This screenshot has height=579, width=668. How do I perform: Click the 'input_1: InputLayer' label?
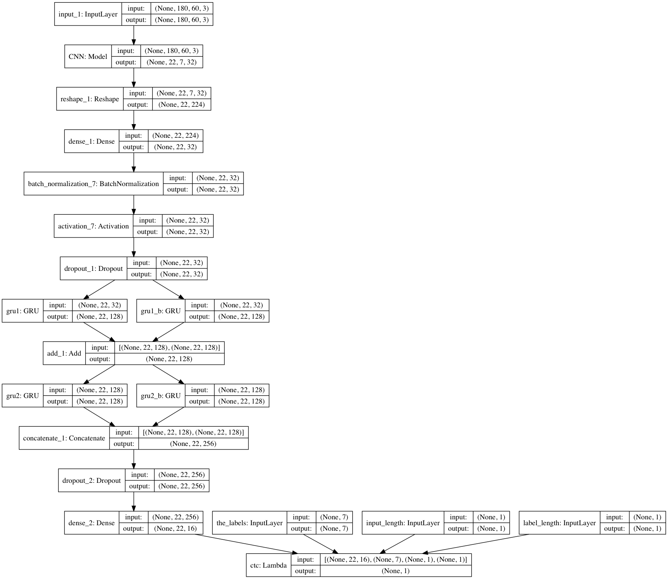pyautogui.click(x=88, y=15)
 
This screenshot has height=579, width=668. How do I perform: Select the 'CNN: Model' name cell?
pyautogui.click(x=88, y=57)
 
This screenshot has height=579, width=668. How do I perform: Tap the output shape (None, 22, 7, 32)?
pyautogui.click(x=172, y=62)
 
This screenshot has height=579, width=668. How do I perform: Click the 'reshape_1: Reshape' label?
pyautogui.click(x=90, y=99)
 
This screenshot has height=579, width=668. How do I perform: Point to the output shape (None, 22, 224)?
pyautogui.click(x=181, y=105)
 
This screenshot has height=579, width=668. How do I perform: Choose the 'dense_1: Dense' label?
pyautogui.click(x=92, y=141)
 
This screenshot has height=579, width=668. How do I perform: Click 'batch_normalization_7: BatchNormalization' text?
pyautogui.click(x=93, y=184)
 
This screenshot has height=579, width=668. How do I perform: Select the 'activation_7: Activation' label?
pyautogui.click(x=93, y=226)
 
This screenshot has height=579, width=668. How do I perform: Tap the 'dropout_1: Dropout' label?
pyautogui.click(x=93, y=268)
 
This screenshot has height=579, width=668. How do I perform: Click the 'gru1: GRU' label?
pyautogui.click(x=23, y=311)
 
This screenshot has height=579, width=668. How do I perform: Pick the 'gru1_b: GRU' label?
pyautogui.click(x=161, y=311)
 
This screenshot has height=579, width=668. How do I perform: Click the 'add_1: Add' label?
pyautogui.click(x=64, y=353)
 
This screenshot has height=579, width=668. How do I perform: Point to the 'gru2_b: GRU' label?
pyautogui.click(x=161, y=396)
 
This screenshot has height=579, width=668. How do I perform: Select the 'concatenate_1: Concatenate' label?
pyautogui.click(x=64, y=438)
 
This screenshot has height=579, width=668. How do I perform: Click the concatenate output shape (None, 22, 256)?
pyautogui.click(x=193, y=444)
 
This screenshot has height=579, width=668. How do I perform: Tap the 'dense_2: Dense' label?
pyautogui.click(x=92, y=523)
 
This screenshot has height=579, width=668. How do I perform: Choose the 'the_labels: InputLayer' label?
pyautogui.click(x=249, y=523)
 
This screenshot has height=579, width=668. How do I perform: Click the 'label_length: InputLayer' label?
pyautogui.click(x=559, y=523)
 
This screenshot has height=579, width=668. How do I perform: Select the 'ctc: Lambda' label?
pyautogui.click(x=269, y=565)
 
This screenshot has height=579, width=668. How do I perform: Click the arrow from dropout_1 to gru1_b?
pyautogui.click(x=168, y=289)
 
